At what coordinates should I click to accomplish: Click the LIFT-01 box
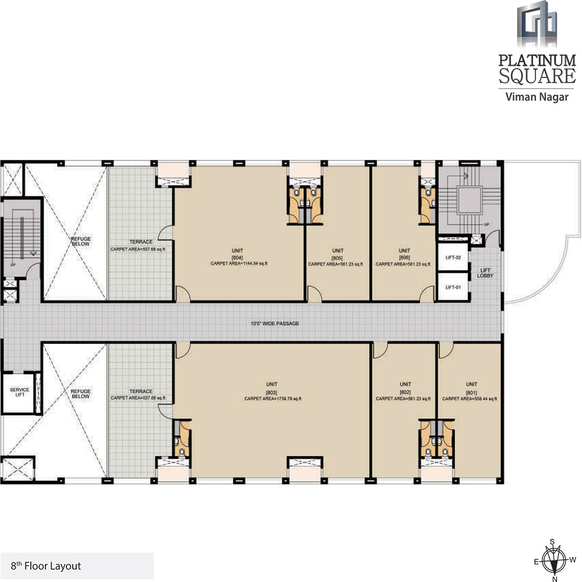[x=452, y=288]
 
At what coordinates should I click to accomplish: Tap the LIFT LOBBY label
[x=487, y=272]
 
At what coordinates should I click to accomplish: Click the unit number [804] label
[x=237, y=257]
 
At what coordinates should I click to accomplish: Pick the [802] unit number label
[x=405, y=392]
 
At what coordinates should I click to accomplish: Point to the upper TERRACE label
[x=141, y=242]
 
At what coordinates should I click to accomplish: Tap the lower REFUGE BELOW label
[x=80, y=394]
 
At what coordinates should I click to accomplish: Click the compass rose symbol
[x=555, y=560]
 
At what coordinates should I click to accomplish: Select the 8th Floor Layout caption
[x=46, y=565]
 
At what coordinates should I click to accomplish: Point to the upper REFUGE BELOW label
[x=80, y=242]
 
